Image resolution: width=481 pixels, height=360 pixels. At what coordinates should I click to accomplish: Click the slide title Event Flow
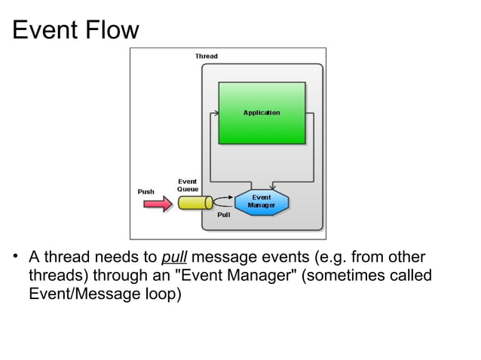click(76, 30)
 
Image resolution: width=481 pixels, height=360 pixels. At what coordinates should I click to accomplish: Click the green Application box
click(262, 113)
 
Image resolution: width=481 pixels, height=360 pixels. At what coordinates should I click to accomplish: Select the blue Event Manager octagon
click(261, 201)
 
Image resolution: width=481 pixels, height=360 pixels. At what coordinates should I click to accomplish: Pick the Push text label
click(146, 191)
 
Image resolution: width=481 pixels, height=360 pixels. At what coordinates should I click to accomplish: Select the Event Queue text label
click(188, 185)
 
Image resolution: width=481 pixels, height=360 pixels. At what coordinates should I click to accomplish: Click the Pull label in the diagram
click(223, 215)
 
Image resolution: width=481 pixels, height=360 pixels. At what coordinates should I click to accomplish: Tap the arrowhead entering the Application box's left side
click(216, 113)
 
